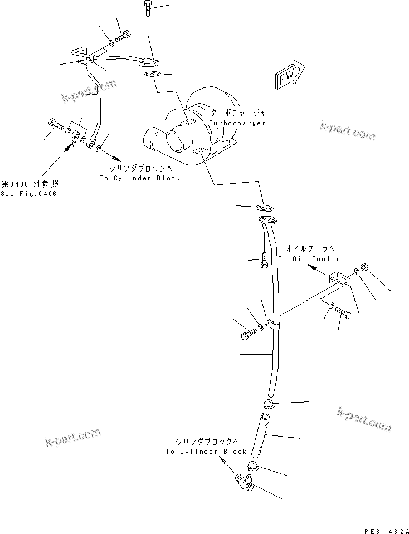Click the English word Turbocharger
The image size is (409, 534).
(238, 123)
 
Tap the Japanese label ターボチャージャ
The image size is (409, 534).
(238, 112)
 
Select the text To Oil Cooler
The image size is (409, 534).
(309, 259)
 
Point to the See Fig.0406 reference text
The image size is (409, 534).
(28, 193)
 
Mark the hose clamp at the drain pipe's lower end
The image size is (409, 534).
(268, 403)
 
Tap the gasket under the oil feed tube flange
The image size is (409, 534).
(151, 74)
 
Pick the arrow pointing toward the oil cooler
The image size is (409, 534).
(317, 269)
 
